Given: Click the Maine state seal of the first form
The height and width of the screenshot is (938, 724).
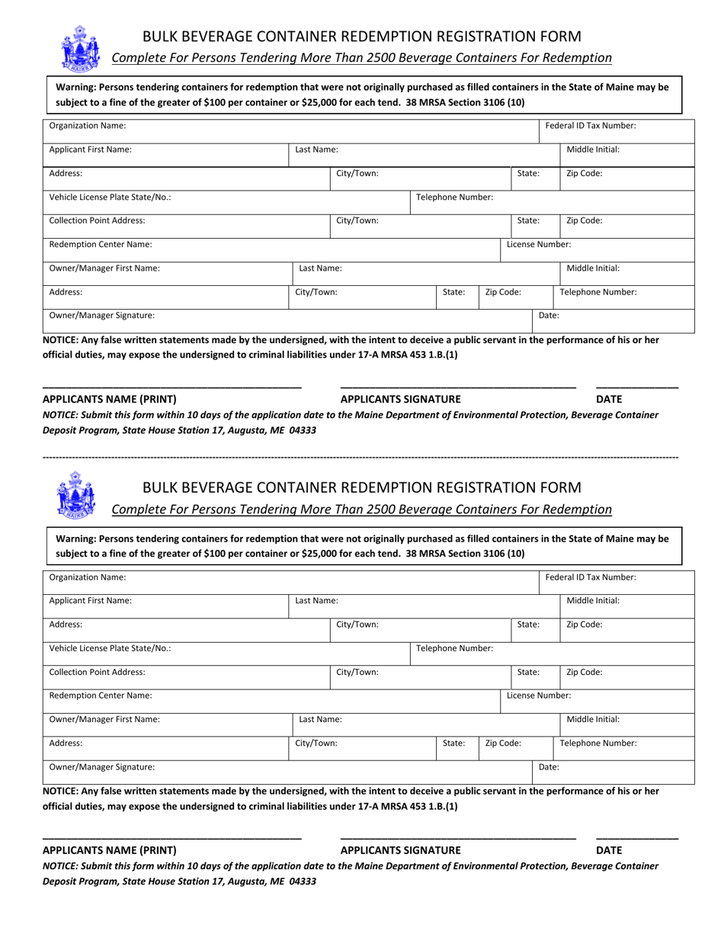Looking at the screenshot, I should [78, 47].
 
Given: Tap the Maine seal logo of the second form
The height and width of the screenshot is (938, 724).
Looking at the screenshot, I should [76, 495].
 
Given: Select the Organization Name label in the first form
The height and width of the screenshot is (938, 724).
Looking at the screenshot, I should [88, 126].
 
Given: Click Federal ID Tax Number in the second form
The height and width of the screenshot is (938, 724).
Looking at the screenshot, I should [591, 577].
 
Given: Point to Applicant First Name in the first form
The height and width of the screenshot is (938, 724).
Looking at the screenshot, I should [90, 149].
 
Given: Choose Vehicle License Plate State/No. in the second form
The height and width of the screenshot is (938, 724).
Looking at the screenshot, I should [110, 648].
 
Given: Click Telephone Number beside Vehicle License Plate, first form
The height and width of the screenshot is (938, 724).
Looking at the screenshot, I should [454, 197].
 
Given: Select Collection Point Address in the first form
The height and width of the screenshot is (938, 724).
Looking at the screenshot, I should [97, 220].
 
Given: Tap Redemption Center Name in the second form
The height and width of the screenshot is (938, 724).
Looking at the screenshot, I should [100, 695].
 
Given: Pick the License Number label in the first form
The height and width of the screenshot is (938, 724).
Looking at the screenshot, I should [539, 245].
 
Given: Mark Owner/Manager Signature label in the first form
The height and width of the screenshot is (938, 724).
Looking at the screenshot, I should [101, 315].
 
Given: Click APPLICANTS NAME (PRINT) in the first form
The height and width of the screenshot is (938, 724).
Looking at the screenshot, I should [109, 399].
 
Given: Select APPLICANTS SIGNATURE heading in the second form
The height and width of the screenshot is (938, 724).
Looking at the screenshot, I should [400, 850].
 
